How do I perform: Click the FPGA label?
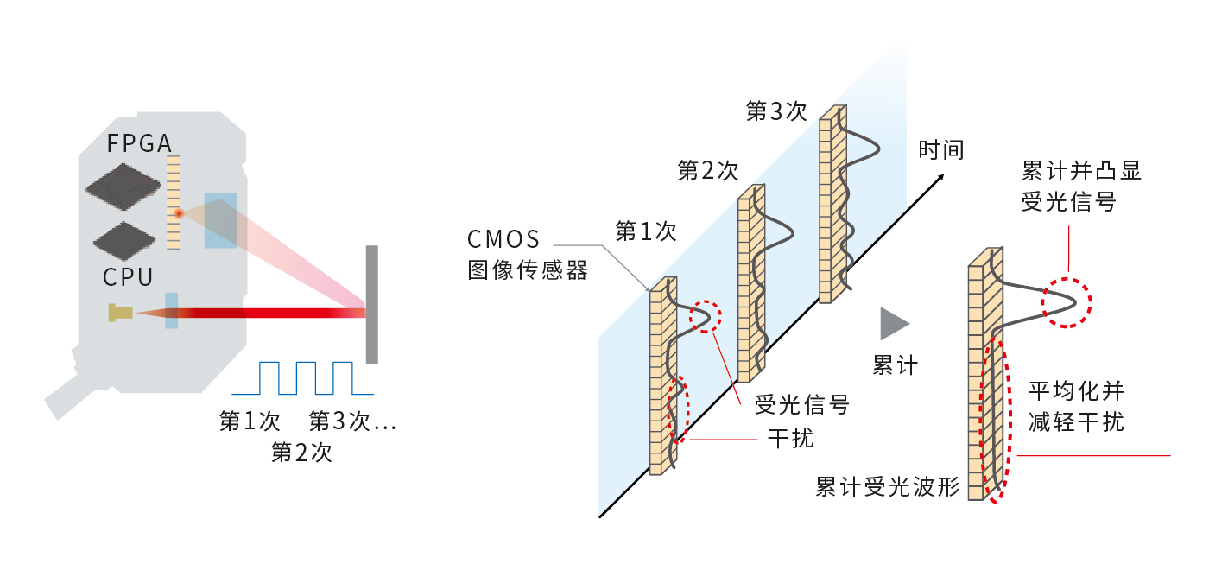pyautogui.click(x=139, y=143)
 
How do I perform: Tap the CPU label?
pyautogui.click(x=128, y=277)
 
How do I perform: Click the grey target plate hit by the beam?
pyautogui.click(x=371, y=304)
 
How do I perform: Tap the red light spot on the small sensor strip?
pyautogui.click(x=178, y=213)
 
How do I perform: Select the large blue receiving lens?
pyautogui.click(x=220, y=220)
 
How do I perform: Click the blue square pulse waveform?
pyautogui.click(x=307, y=377)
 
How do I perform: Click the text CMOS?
pyautogui.click(x=503, y=239)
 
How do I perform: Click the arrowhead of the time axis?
pyautogui.click(x=940, y=178)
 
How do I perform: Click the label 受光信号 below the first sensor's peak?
pyautogui.click(x=802, y=403)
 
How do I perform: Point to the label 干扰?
pyautogui.click(x=790, y=438)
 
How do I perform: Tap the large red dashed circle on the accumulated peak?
pyautogui.click(x=1067, y=302)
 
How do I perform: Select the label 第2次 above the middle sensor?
pyautogui.click(x=708, y=170)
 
